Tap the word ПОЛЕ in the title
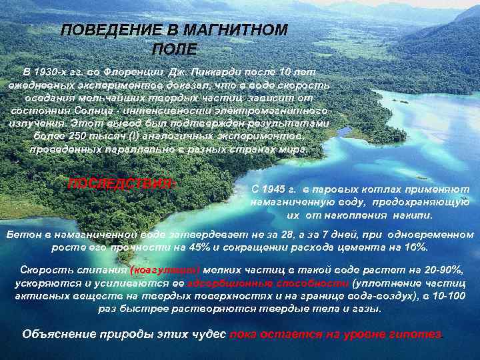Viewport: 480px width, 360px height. tap(175, 49)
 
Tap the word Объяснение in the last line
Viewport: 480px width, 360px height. tap(55, 333)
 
